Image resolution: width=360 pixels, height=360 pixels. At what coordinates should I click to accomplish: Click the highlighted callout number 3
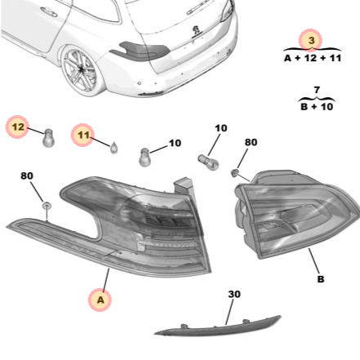click(310, 39)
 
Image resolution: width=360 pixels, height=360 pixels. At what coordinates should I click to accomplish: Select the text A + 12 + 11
click(311, 58)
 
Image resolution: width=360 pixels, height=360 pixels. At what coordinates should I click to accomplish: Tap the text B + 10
click(311, 105)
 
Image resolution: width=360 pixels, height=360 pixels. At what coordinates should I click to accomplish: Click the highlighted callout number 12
click(19, 127)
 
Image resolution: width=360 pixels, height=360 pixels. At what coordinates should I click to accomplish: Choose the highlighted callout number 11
click(82, 135)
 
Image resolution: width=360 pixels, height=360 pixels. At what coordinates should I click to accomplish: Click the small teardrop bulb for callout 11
click(114, 149)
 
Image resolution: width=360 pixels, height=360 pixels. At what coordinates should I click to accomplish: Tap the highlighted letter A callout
click(100, 300)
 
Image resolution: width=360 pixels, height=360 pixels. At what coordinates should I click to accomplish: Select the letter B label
click(320, 279)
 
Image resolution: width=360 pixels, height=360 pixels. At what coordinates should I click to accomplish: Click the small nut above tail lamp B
click(236, 174)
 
